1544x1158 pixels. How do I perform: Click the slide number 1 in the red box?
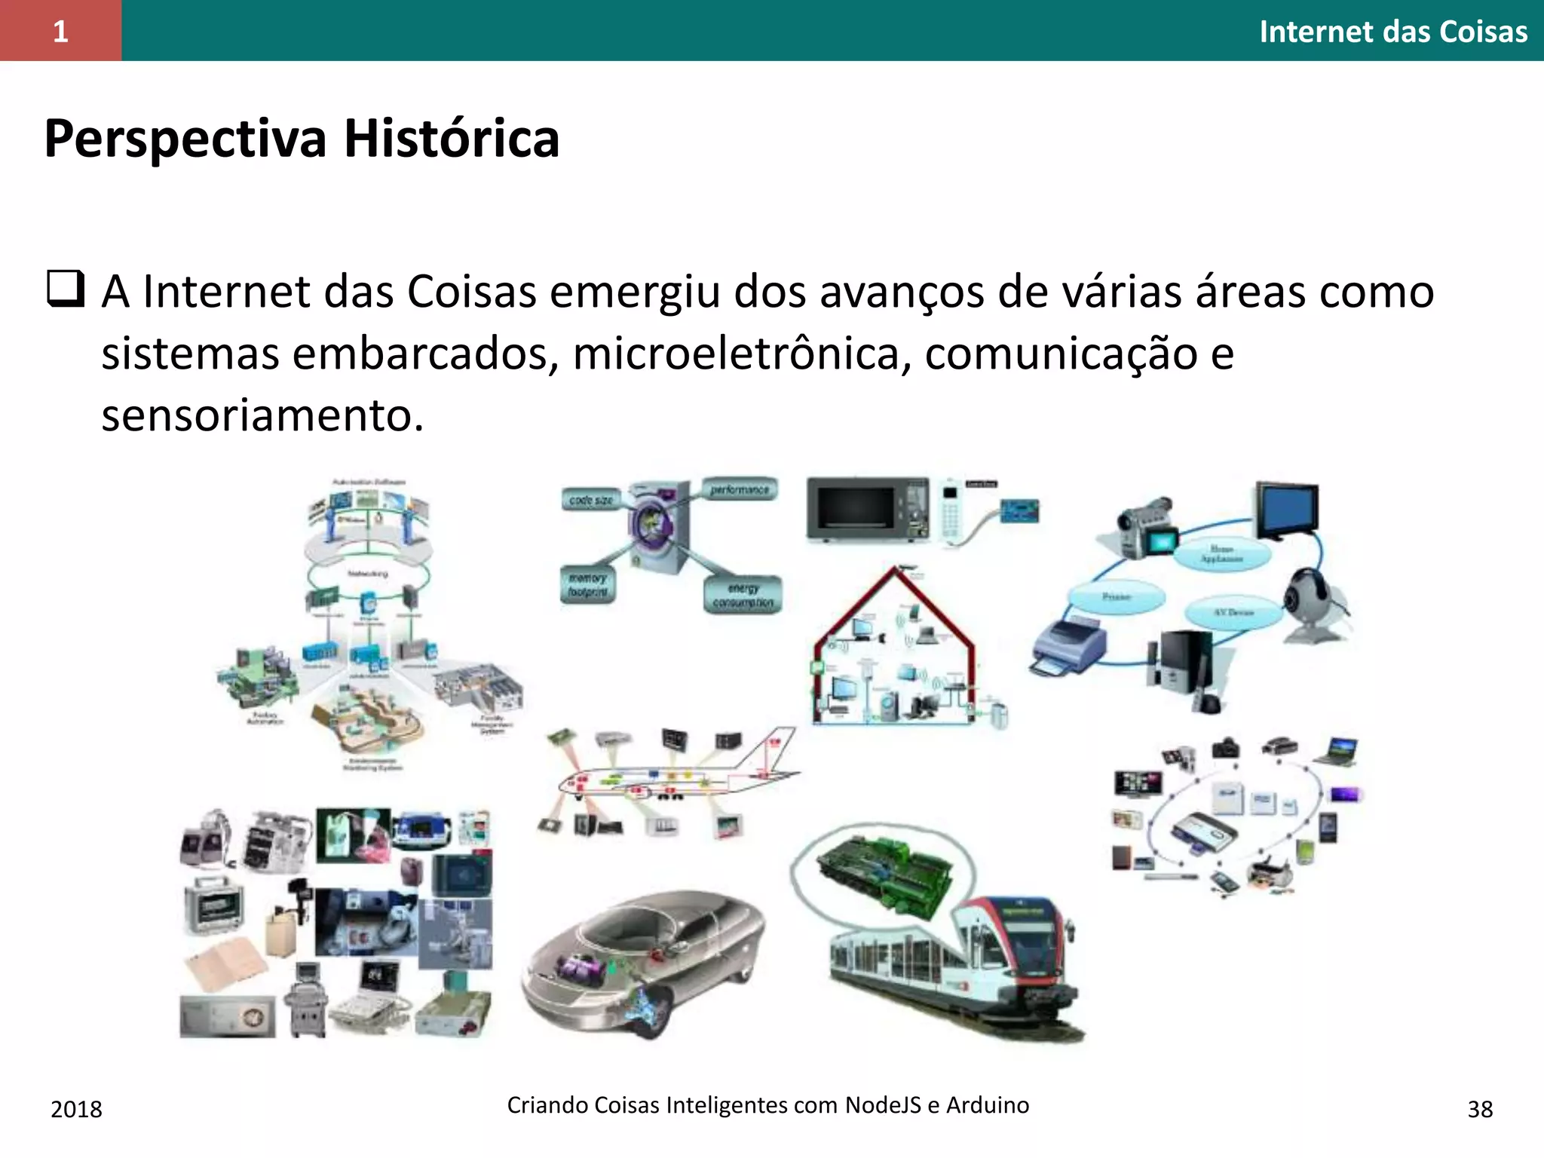(x=60, y=31)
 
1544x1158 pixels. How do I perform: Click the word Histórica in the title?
(x=452, y=139)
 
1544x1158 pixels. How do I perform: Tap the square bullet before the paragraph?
(x=65, y=289)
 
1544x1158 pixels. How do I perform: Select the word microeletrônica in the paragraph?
(x=737, y=354)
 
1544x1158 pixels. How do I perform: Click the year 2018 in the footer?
(x=76, y=1109)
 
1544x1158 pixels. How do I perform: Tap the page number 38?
(x=1480, y=1109)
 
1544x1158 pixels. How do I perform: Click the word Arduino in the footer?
(x=987, y=1104)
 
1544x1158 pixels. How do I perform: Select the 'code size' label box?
(x=591, y=500)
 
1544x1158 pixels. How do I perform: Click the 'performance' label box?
(x=739, y=490)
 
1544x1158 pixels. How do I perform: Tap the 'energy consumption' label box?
(x=743, y=596)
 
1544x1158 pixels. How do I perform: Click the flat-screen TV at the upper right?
(x=1286, y=509)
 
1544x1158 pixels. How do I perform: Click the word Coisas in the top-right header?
(x=1483, y=32)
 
